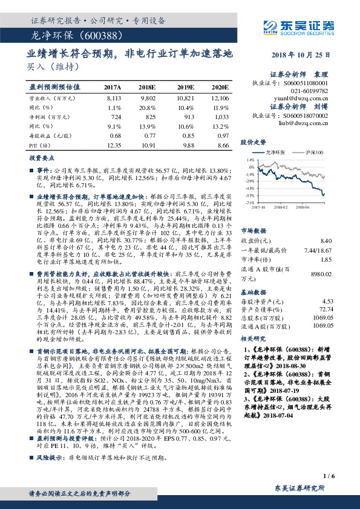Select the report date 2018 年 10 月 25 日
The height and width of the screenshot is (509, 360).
(306, 55)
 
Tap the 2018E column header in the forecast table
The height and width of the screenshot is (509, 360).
(148, 88)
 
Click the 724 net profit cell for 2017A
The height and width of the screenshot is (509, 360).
(115, 115)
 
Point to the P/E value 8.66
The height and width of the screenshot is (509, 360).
(223, 146)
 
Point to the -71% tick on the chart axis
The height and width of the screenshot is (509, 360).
(250, 204)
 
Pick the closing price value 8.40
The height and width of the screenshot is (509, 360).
(327, 241)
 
